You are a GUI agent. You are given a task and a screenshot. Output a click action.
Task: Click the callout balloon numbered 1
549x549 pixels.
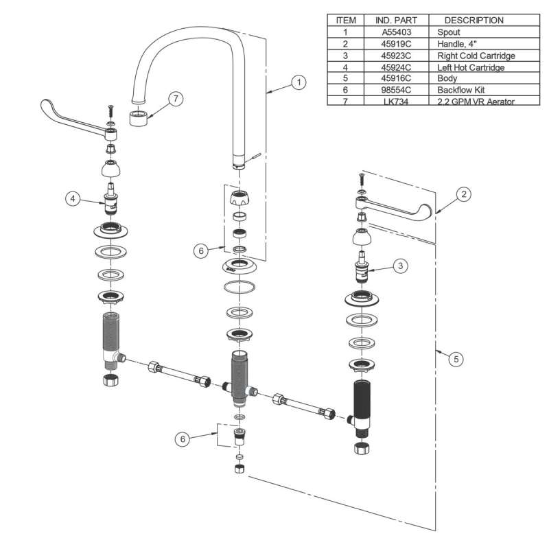298,82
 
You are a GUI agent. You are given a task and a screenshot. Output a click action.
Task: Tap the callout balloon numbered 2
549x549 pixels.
464,194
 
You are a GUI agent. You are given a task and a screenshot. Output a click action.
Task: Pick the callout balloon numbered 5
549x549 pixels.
454,358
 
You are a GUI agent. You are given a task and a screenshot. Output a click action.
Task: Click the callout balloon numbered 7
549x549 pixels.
175,99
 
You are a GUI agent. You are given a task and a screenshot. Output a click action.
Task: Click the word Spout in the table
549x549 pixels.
448,32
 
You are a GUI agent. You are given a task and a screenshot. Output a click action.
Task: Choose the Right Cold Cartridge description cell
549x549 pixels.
476,56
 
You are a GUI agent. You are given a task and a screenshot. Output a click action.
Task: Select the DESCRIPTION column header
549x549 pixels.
474,21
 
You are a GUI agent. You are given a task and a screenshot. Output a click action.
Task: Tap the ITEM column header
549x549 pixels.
345,21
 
